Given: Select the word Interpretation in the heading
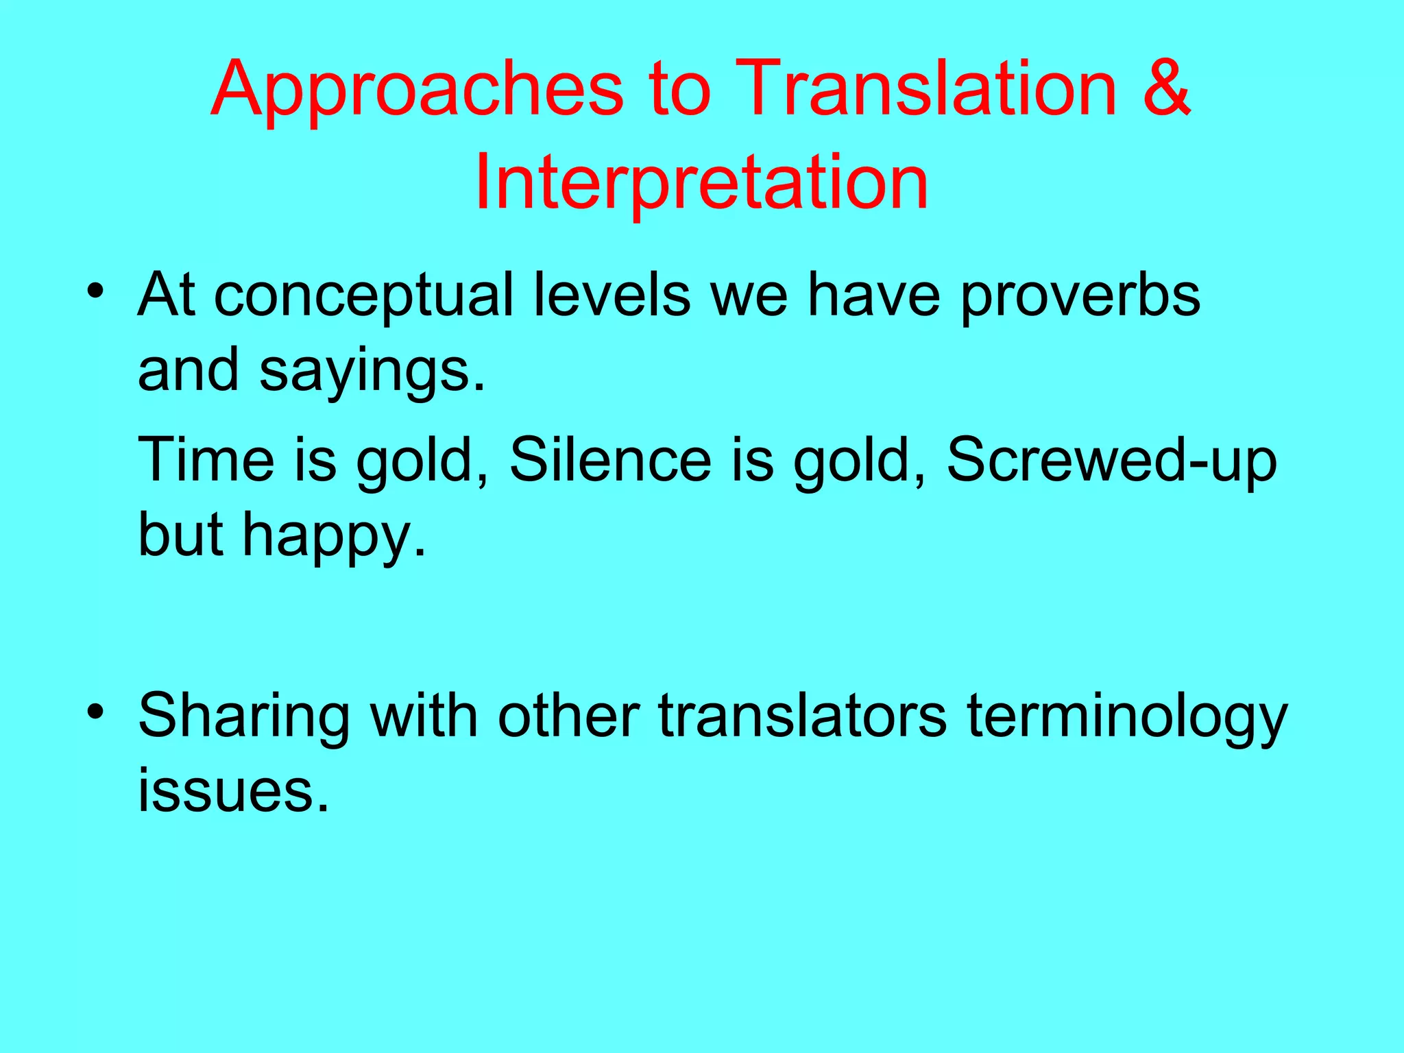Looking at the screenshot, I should pos(701,182).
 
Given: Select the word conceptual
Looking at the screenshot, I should pos(363,296).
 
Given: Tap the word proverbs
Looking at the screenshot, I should pos(1079,296).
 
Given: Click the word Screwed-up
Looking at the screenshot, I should pos(1111,461).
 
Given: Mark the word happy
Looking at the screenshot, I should pos(334,536).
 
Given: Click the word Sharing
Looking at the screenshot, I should pos(243,717).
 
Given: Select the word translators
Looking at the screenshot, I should pos(802,716).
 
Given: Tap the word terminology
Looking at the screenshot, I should pos(1127,717).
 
